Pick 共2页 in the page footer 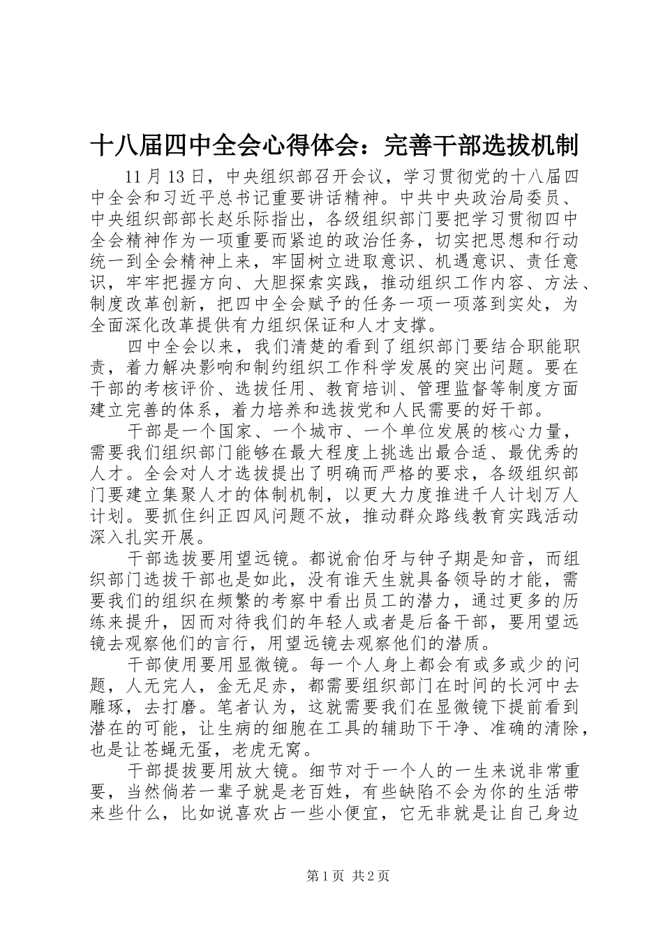[x=371, y=896]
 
